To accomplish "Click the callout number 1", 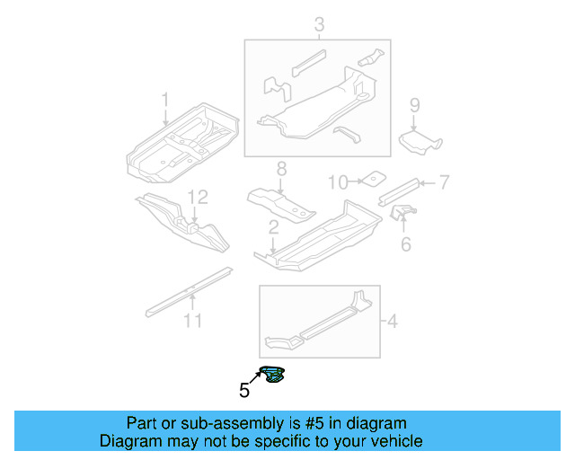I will coord(164,98).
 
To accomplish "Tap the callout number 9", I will coord(414,106).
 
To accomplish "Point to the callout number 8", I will coord(280,168).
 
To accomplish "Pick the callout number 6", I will coord(405,243).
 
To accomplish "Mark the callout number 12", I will coord(198,197).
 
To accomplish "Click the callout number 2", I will coord(272,230).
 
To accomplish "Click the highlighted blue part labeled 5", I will coord(272,375).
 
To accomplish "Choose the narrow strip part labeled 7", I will coord(400,189).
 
